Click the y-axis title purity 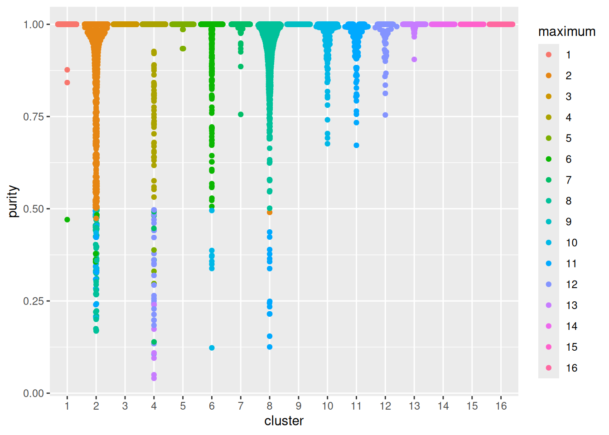pyautogui.click(x=13, y=201)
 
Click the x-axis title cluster pyautogui.click(x=284, y=421)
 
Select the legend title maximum pyautogui.click(x=566, y=32)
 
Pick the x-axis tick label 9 pyautogui.click(x=299, y=406)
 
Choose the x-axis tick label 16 pyautogui.click(x=501, y=406)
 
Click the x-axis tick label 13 pyautogui.click(x=414, y=406)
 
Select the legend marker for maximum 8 pyautogui.click(x=549, y=201)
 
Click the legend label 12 pyautogui.click(x=571, y=285)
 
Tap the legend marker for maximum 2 pyautogui.click(x=549, y=76)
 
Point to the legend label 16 pyautogui.click(x=571, y=368)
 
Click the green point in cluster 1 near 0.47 pyautogui.click(x=67, y=220)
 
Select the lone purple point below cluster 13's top pyautogui.click(x=414, y=59)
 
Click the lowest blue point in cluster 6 pyautogui.click(x=212, y=348)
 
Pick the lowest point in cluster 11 pyautogui.click(x=357, y=145)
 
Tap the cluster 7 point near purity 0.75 pyautogui.click(x=241, y=115)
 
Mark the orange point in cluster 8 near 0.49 pyautogui.click(x=270, y=213)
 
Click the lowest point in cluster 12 pyautogui.click(x=385, y=115)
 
